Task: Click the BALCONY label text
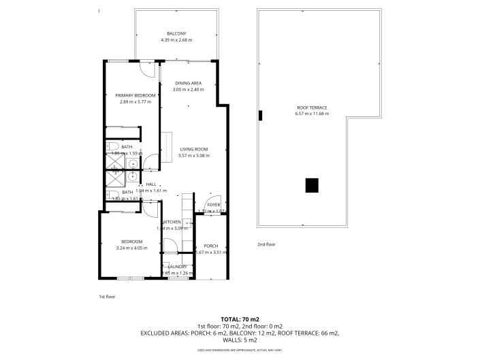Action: [x=176, y=34]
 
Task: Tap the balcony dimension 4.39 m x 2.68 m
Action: [x=176, y=41]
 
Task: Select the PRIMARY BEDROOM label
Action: [x=135, y=95]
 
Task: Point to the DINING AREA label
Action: [x=188, y=83]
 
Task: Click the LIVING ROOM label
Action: [x=193, y=149]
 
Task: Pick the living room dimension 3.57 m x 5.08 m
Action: [x=193, y=156]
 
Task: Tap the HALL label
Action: [x=151, y=184]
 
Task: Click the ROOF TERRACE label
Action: [x=312, y=108]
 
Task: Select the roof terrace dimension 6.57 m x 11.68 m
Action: [x=312, y=114]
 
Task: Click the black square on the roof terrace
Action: [x=311, y=185]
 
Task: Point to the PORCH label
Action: [x=210, y=246]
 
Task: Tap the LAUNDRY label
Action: [x=168, y=267]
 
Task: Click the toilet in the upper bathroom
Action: [x=114, y=146]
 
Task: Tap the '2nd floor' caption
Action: [x=266, y=244]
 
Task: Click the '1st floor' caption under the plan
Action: [x=108, y=297]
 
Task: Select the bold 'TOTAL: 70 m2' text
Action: [x=240, y=319]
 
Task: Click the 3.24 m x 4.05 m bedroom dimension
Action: [x=132, y=248]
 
